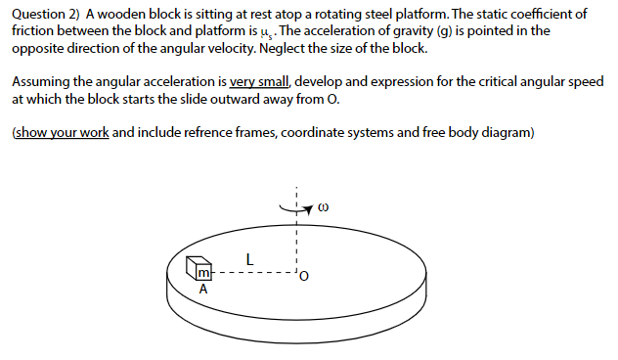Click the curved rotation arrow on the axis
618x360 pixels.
coord(296,207)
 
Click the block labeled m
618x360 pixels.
coord(200,270)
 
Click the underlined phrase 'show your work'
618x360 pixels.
coord(60,132)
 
